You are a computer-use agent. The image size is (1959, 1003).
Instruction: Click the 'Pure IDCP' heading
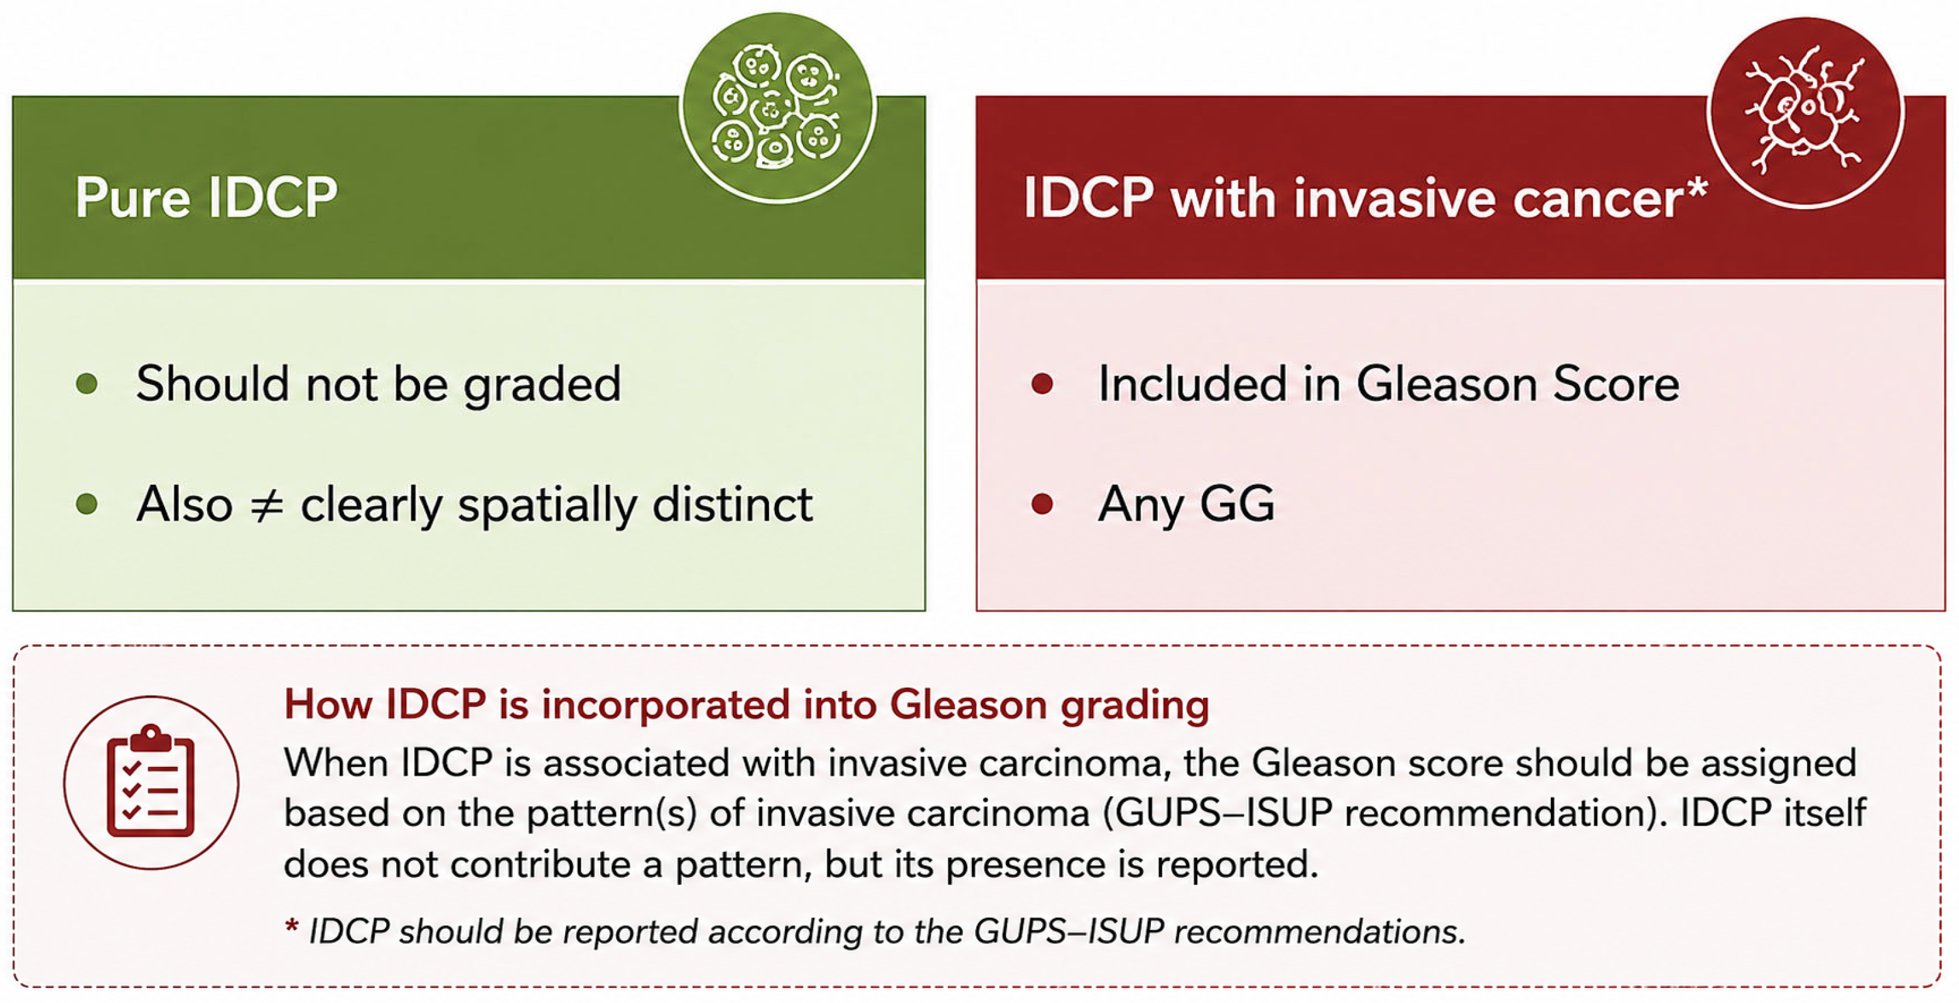[x=206, y=198]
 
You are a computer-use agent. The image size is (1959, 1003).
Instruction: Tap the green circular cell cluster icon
[x=777, y=108]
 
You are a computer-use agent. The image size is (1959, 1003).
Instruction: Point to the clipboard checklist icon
[x=151, y=782]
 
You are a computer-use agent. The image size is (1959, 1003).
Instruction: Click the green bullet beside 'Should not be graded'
[x=87, y=382]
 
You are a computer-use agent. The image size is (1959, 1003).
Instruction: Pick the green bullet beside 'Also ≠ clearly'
[x=87, y=504]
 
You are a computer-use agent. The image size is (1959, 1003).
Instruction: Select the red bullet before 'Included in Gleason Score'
[x=1042, y=382]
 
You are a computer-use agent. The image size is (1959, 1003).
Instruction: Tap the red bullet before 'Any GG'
[x=1042, y=504]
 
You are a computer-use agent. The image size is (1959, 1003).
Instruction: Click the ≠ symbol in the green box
[x=267, y=505]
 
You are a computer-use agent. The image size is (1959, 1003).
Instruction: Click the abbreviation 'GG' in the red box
[x=1238, y=504]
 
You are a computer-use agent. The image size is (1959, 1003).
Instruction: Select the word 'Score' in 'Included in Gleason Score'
[x=1616, y=383]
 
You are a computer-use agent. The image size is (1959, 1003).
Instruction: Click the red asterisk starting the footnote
[x=291, y=927]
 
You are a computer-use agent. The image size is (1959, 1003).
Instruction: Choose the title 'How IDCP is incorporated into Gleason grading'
[x=746, y=704]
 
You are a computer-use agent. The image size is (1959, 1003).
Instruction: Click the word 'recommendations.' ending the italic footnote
[x=1319, y=931]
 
